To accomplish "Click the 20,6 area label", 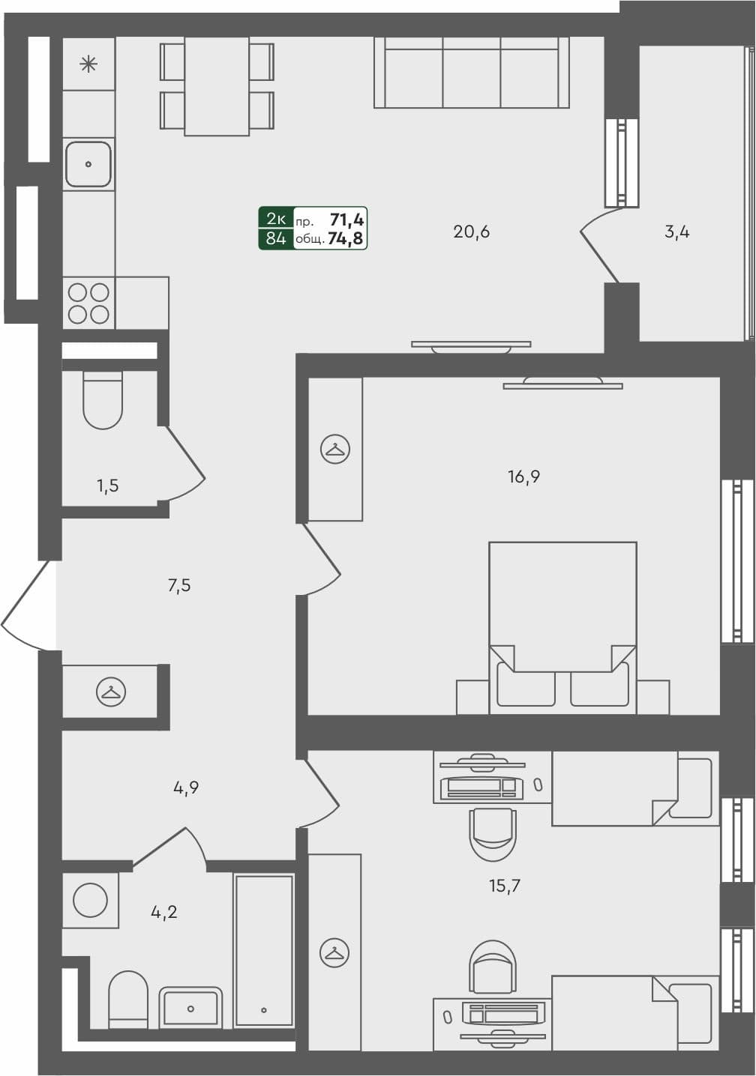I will [471, 232].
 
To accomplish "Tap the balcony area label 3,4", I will [676, 232].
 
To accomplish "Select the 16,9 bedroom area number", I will [523, 477].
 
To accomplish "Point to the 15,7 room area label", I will [504, 886].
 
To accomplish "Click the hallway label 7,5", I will [179, 585].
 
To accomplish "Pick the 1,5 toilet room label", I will [107, 486].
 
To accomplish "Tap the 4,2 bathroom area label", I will [163, 912].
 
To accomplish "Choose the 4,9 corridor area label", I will [185, 788].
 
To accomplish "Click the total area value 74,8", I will [346, 239].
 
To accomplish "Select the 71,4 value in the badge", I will [346, 220].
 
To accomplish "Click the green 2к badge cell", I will [275, 219].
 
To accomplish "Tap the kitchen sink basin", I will [88, 163].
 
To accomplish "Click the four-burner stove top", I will [88, 303].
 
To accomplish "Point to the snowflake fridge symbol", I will [88, 64].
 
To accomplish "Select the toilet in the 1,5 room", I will [103, 401].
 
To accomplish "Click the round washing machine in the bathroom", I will [90, 900].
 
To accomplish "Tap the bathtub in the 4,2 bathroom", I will [263, 950].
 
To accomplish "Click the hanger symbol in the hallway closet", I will [111, 692].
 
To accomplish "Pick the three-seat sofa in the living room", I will [471, 73].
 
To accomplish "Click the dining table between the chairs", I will [217, 85].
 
